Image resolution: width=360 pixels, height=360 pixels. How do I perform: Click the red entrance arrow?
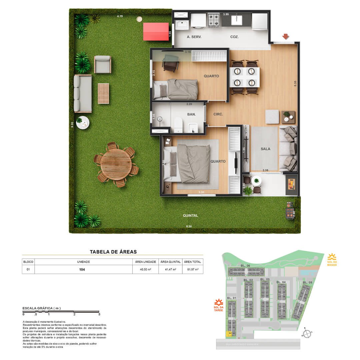coord(285,36)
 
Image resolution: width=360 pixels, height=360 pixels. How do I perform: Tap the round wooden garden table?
coord(116,164)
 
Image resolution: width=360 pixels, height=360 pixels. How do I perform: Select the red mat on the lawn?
coord(156,32)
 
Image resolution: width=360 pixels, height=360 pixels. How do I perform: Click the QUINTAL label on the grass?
coord(191,216)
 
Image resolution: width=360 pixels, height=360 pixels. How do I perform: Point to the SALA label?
coord(265,149)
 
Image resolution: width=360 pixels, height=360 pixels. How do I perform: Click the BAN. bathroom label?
coord(191,114)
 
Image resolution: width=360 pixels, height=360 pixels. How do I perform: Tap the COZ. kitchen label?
coord(234,37)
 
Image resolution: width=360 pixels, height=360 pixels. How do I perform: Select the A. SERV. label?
coord(194,37)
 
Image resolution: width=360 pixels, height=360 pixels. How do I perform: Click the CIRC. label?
coord(218,114)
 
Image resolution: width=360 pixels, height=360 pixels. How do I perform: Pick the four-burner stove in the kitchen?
coord(214,20)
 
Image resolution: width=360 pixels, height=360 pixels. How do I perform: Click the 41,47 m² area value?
coord(171,269)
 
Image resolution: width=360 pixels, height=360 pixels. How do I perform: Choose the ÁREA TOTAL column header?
coord(192,262)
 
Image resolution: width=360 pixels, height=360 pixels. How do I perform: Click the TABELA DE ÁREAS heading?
coord(113,252)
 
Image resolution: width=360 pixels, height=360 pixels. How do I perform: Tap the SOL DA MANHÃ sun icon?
coord(332,257)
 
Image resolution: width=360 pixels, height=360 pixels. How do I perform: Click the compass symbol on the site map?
coord(307,333)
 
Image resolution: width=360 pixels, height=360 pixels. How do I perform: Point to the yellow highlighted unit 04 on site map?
coord(230,333)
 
